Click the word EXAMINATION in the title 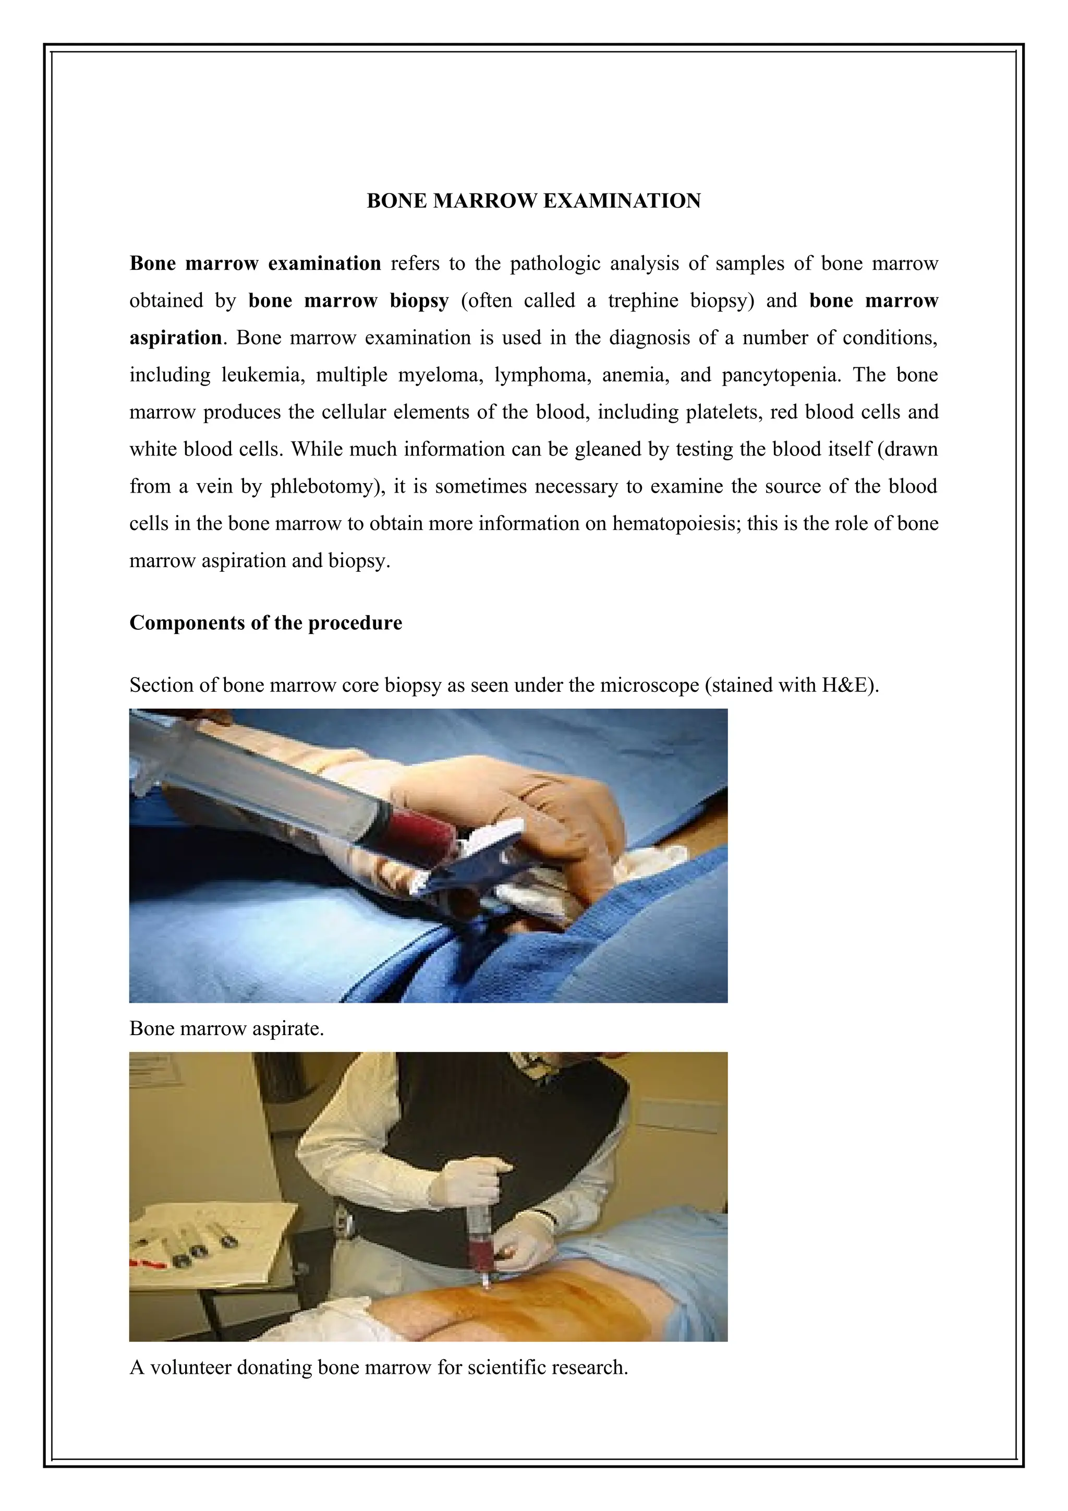coord(622,201)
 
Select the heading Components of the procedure coord(265,622)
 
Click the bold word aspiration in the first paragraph coord(175,338)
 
